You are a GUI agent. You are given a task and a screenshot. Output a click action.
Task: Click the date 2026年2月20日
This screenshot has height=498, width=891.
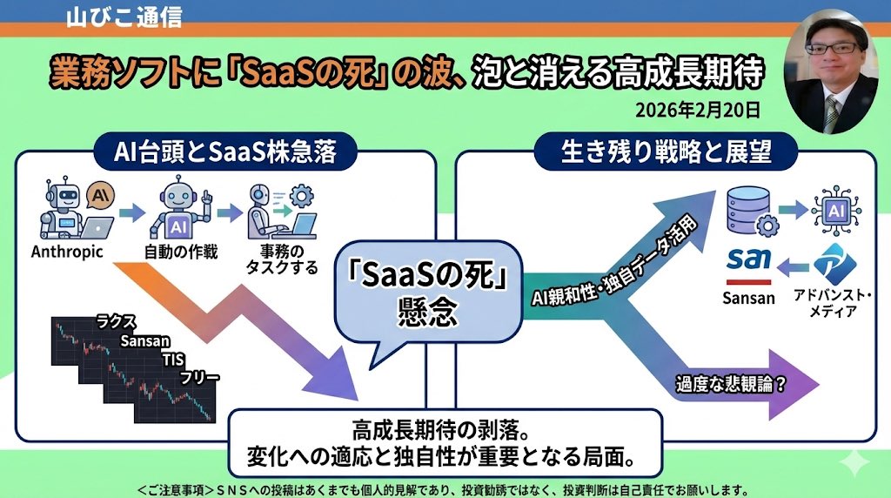click(x=697, y=109)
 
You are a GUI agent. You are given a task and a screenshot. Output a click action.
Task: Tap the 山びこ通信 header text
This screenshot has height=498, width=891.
click(x=124, y=17)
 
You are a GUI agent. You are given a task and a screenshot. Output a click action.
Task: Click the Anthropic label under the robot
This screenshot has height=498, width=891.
click(x=67, y=252)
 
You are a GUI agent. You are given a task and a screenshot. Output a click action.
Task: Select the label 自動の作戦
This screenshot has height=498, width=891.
click(x=181, y=252)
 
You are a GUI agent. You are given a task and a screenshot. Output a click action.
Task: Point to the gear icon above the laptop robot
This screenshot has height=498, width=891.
click(x=301, y=196)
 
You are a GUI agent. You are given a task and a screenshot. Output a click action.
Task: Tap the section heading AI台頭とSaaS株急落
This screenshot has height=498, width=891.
click(x=225, y=151)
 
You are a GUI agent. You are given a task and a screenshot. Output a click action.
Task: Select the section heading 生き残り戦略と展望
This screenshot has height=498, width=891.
click(x=666, y=151)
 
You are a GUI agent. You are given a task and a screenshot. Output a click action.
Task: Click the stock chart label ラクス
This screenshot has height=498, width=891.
click(x=116, y=322)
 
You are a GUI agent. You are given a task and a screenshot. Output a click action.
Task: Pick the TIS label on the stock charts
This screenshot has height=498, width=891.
click(x=173, y=360)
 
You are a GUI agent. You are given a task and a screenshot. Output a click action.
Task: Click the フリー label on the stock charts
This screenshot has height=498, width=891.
click(x=199, y=378)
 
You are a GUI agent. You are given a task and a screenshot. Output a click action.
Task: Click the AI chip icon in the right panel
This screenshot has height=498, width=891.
click(x=836, y=211)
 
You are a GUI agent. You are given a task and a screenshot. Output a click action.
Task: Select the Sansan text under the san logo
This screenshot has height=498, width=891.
click(x=748, y=298)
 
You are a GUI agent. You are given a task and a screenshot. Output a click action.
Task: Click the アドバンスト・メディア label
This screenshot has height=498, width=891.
click(x=833, y=303)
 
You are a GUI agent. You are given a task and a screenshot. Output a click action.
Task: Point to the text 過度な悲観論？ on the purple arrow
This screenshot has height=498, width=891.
click(x=731, y=385)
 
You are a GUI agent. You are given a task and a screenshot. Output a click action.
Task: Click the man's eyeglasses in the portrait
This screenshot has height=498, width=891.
click(x=834, y=49)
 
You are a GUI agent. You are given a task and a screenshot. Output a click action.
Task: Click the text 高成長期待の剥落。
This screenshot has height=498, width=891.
click(x=441, y=430)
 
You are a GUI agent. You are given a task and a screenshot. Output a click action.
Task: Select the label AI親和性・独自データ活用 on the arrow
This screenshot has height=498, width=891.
click(x=613, y=260)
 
